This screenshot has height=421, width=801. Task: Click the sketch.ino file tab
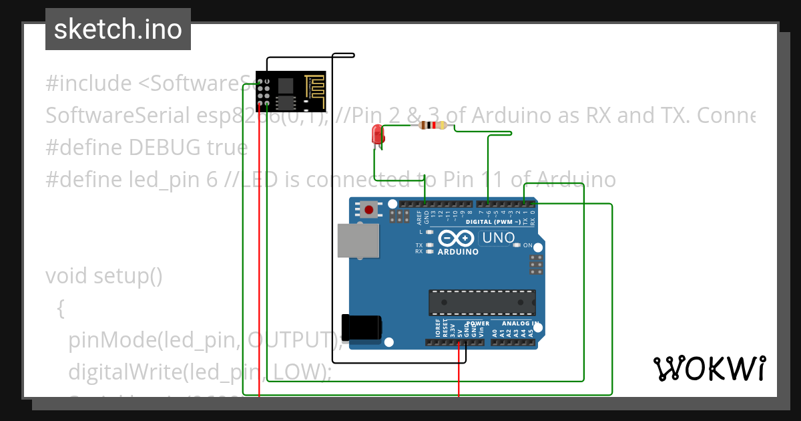point(117,29)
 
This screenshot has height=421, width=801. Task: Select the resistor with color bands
point(433,125)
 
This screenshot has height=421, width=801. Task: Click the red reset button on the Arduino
point(368,210)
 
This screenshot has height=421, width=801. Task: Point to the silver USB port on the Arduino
point(358,241)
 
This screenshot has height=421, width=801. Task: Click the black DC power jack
point(361,327)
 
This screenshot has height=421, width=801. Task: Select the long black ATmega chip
point(482,302)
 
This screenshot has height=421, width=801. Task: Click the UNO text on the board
point(498,238)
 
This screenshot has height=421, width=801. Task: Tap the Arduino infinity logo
point(457,239)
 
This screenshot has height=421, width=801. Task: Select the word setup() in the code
point(127,276)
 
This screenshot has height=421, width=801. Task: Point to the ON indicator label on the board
point(527,245)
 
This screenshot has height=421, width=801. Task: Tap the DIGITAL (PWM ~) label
point(491,221)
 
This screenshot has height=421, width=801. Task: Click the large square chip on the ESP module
point(285,84)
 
